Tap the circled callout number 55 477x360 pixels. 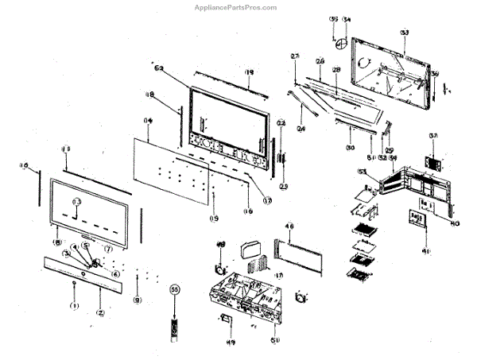(x=175, y=290)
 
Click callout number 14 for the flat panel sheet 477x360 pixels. (x=147, y=121)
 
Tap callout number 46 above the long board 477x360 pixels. (x=289, y=226)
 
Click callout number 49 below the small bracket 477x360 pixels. (x=231, y=343)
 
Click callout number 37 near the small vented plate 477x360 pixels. (x=433, y=135)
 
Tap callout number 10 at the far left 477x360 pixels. (x=24, y=166)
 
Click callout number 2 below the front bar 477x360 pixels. (x=100, y=313)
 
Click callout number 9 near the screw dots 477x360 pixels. (x=137, y=300)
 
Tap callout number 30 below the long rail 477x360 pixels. (x=349, y=148)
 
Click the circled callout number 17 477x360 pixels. (x=267, y=200)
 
